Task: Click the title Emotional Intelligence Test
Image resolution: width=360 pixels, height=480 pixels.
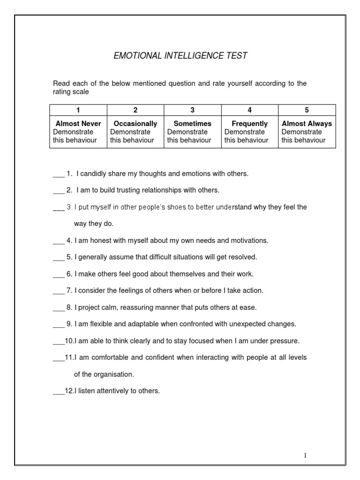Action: pyautogui.click(x=180, y=56)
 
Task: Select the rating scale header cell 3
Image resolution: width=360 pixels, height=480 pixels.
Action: pyautogui.click(x=192, y=110)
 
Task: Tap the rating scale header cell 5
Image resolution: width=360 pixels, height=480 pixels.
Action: pyautogui.click(x=307, y=110)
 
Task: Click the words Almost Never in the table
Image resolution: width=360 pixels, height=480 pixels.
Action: pyautogui.click(x=78, y=124)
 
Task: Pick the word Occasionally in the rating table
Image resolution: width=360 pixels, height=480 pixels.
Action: pyautogui.click(x=135, y=124)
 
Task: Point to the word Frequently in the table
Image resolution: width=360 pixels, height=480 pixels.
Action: pyautogui.click(x=250, y=124)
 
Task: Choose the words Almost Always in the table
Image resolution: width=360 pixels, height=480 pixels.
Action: pyautogui.click(x=307, y=124)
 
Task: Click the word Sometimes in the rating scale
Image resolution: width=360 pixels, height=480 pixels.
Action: pyautogui.click(x=192, y=124)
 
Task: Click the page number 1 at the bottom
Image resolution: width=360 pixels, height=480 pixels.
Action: pyautogui.click(x=305, y=455)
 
